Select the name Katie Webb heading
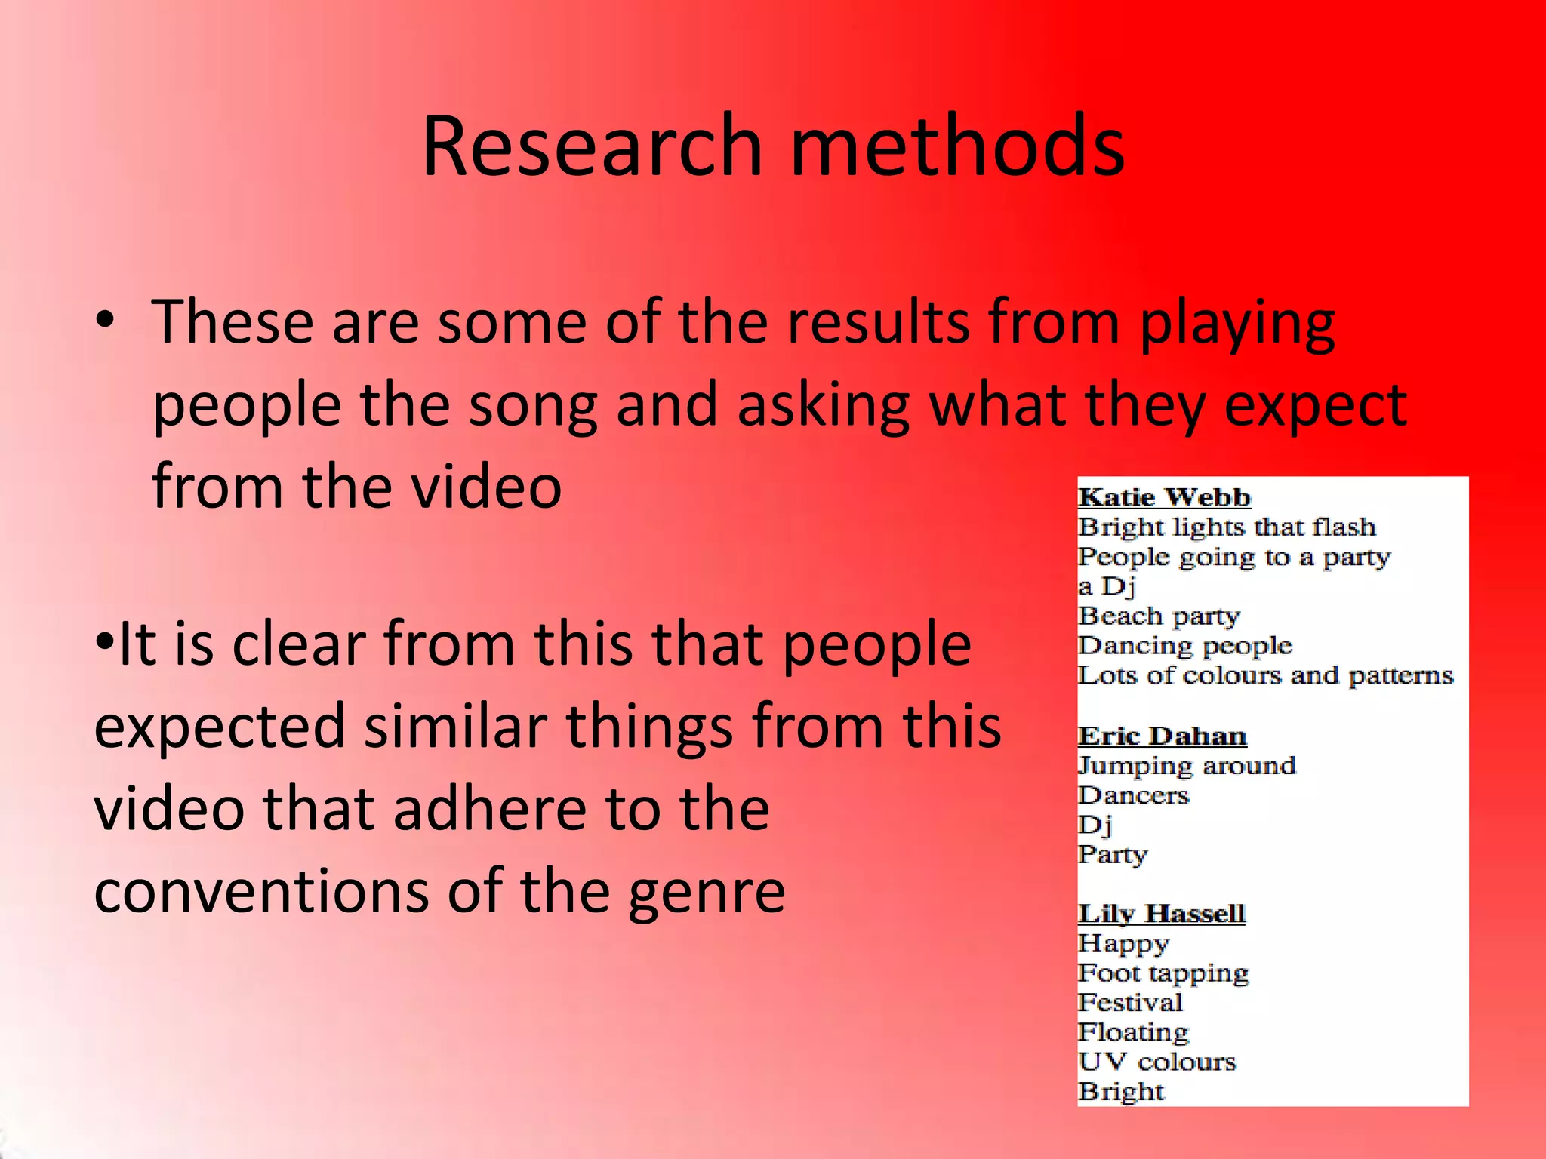[1164, 498]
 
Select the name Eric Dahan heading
[1162, 736]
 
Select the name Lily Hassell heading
[1161, 914]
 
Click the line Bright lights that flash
[1227, 527]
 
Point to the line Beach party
[1159, 616]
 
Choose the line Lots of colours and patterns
[1265, 675]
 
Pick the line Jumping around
[1187, 766]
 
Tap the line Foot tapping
[1163, 973]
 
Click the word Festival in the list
[1130, 1003]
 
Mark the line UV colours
[1157, 1062]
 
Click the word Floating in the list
[1133, 1032]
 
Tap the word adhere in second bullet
[489, 809]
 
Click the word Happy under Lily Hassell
[1123, 944]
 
